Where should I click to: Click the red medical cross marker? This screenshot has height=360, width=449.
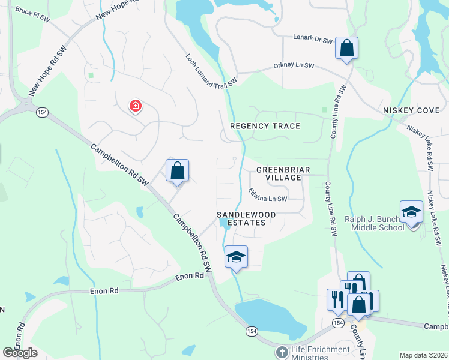[x=136, y=107]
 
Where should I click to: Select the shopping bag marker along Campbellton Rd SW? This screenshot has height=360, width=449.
[x=178, y=170]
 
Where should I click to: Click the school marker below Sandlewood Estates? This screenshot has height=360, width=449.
[x=236, y=257]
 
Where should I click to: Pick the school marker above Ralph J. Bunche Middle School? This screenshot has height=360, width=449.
[x=412, y=212]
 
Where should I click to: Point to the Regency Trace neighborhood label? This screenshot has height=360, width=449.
[x=265, y=126]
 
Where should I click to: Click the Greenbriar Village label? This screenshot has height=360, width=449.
[x=283, y=174]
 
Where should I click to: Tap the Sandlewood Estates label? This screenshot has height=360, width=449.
[x=246, y=218]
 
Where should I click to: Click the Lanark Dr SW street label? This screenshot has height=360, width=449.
[x=312, y=40]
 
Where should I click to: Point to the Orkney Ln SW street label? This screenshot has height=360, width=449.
[x=294, y=65]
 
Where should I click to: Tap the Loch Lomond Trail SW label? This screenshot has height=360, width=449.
[x=211, y=70]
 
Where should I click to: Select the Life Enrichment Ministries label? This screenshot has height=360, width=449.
[x=321, y=353]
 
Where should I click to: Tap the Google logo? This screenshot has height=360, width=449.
[x=20, y=353]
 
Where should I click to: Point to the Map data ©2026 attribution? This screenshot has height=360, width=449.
[x=424, y=355]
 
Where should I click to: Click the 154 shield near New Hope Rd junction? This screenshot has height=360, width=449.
[x=41, y=112]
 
